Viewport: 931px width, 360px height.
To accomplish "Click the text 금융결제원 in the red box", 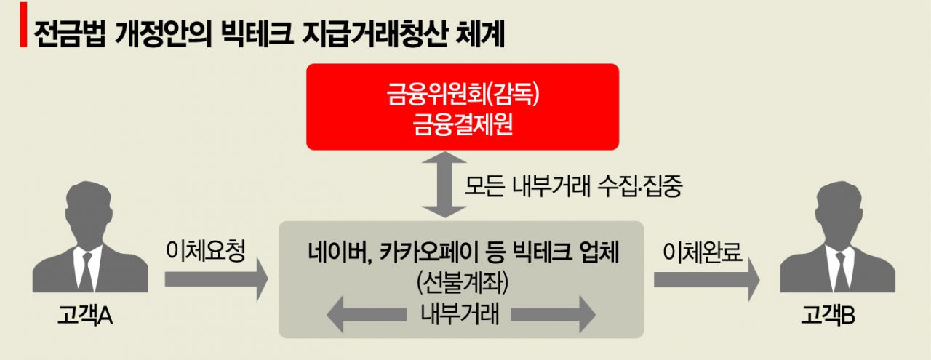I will (463, 127).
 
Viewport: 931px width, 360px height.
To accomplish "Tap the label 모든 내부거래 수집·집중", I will (573, 187).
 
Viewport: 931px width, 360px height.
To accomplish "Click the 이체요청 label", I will (207, 253).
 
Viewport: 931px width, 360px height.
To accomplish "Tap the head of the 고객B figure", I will (835, 208).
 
